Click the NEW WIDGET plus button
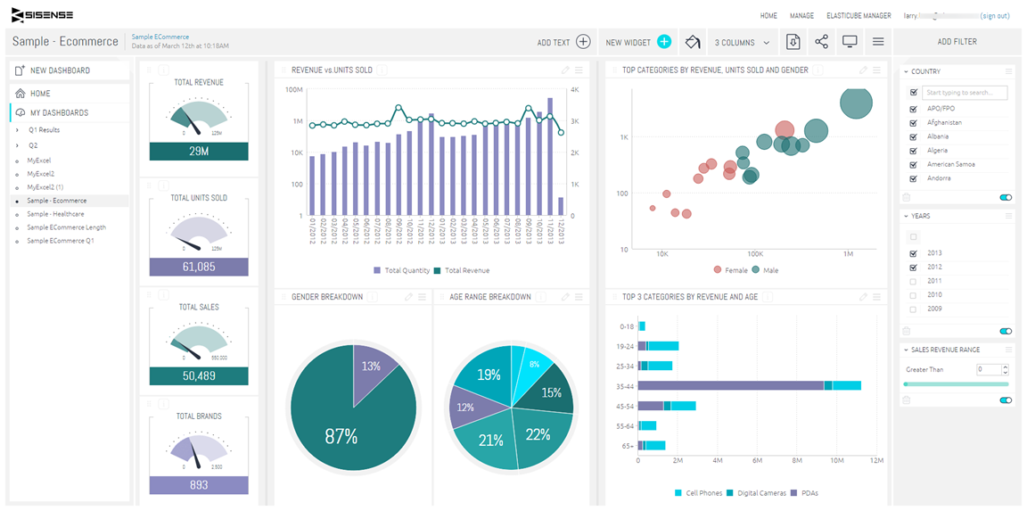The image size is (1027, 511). click(663, 42)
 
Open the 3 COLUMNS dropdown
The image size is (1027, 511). click(741, 42)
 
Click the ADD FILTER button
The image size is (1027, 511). click(957, 42)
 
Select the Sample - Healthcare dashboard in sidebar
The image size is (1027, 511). click(55, 214)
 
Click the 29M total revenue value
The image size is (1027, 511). click(199, 152)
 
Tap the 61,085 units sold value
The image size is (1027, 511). click(199, 267)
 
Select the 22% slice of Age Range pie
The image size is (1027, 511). click(538, 434)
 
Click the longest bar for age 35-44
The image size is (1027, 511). click(731, 385)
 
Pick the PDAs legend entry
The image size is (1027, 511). click(806, 493)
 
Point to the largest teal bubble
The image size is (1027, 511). click(856, 102)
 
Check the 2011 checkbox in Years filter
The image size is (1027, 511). click(912, 281)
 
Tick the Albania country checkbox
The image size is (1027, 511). click(913, 136)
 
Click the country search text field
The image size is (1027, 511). click(964, 93)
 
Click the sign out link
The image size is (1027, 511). click(994, 15)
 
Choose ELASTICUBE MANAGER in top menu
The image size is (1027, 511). click(858, 15)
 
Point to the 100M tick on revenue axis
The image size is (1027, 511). click(293, 90)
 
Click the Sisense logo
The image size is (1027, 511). click(42, 15)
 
